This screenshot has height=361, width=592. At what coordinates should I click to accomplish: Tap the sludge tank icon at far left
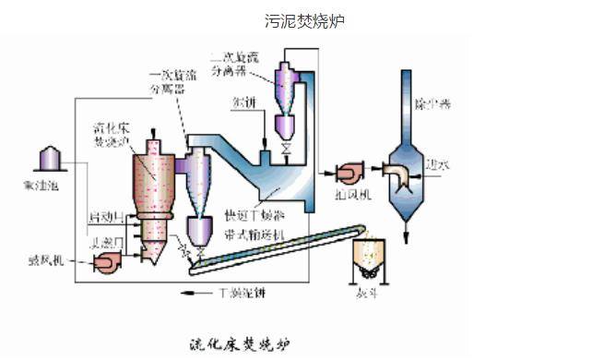tap(47, 159)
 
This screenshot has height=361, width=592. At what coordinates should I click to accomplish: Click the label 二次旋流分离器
tap(235, 61)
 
